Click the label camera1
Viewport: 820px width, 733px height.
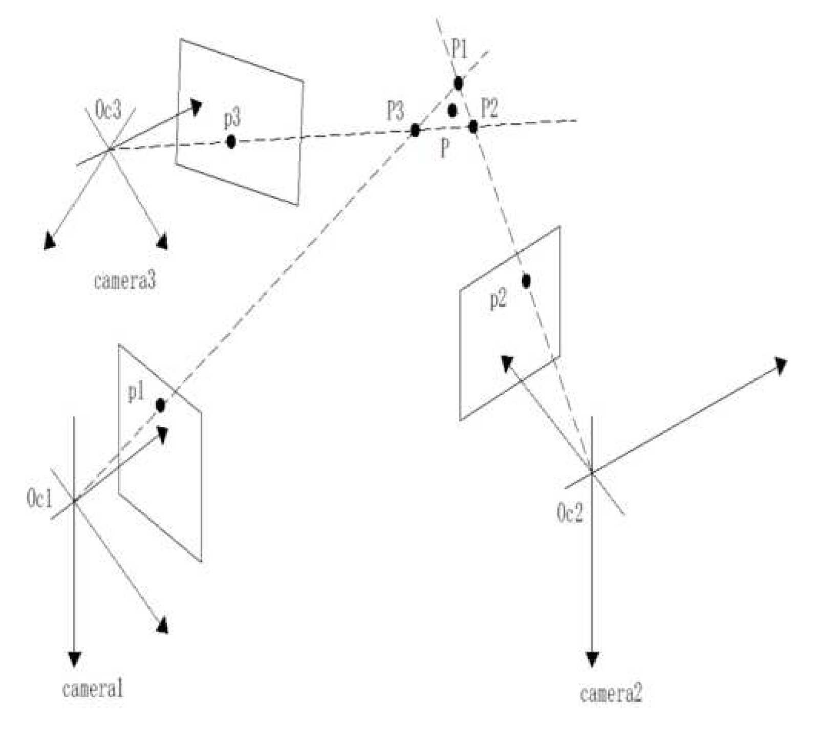coord(93,689)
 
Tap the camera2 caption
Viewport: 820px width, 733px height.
coord(611,694)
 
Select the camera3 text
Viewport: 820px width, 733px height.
coord(124,281)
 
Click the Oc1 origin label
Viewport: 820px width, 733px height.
coord(39,499)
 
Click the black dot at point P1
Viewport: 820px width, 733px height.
coord(458,83)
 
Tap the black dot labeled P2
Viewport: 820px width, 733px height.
coord(473,126)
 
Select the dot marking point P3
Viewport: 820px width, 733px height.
coord(415,131)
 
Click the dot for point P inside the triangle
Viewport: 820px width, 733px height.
coord(452,110)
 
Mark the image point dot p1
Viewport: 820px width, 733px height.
coord(161,405)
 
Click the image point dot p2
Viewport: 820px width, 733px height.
coord(526,281)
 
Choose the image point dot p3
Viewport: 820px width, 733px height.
coord(231,141)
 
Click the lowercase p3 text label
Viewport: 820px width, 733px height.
coord(232,119)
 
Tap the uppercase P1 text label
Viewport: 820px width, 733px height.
coord(459,50)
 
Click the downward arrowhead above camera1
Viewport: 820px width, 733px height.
coord(75,659)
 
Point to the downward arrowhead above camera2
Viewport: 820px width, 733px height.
coord(592,659)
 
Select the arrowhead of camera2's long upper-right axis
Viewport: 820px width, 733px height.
coord(780,364)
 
